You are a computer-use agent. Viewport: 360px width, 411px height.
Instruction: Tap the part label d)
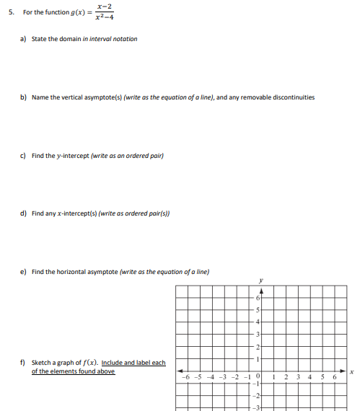click(23, 213)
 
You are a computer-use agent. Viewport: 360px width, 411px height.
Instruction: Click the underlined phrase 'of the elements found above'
click(73, 371)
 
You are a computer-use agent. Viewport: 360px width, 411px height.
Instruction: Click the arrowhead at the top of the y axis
click(260, 290)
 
